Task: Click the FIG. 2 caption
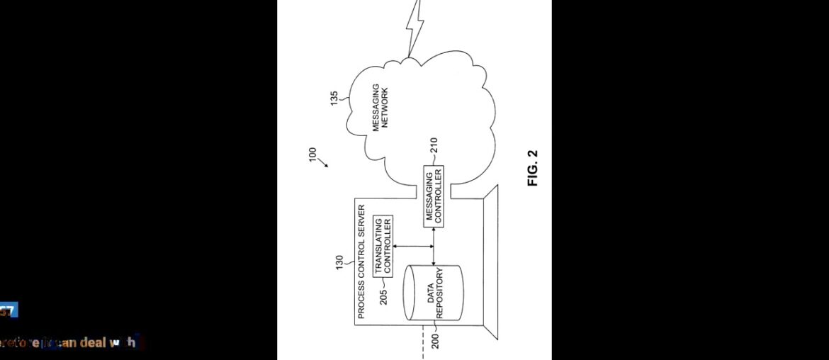tap(533, 168)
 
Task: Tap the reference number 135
tap(334, 99)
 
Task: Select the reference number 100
tap(312, 154)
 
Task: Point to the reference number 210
tap(434, 146)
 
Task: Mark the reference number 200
tap(436, 342)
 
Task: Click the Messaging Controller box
tap(434, 196)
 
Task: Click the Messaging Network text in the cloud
tap(380, 107)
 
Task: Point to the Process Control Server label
tap(361, 261)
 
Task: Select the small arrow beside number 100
tap(324, 164)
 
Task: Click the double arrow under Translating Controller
tap(413, 247)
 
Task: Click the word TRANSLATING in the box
tap(378, 246)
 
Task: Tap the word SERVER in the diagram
tap(361, 219)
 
